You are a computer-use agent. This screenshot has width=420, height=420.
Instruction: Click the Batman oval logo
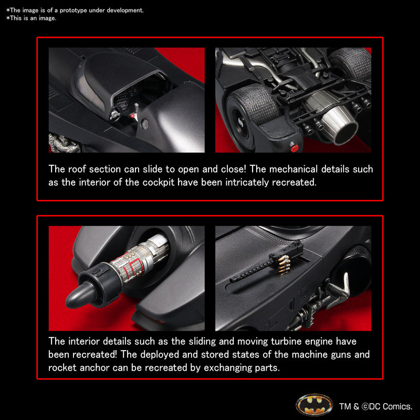coord(314,405)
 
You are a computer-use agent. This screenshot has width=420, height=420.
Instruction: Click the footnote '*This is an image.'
coord(31,18)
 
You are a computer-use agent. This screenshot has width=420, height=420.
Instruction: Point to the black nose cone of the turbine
coord(80,297)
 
